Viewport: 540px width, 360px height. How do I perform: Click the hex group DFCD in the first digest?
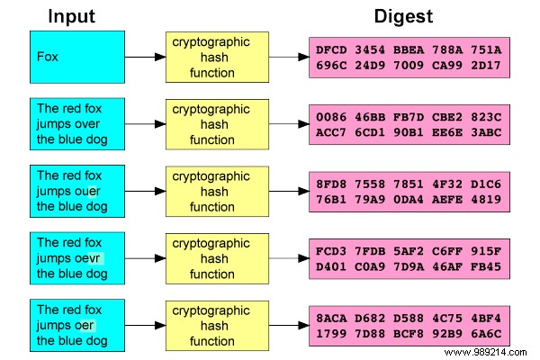[x=331, y=49]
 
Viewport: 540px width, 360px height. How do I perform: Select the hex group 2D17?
[x=486, y=65]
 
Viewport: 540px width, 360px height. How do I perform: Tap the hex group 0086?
[x=331, y=116]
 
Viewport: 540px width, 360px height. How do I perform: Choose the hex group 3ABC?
[x=486, y=131]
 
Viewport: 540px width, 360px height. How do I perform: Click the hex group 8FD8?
[x=331, y=183]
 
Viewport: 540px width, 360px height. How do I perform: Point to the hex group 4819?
[x=486, y=198]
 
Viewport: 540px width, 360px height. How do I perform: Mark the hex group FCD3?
[x=331, y=250]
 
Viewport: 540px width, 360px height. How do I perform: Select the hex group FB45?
[x=486, y=265]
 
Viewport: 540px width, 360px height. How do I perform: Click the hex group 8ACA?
[x=331, y=317]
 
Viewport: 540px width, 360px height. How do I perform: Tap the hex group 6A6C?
[x=486, y=332]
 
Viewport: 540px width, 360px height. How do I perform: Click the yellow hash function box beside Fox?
[x=212, y=56]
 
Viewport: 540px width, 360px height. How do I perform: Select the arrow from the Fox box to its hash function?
[x=141, y=57]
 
